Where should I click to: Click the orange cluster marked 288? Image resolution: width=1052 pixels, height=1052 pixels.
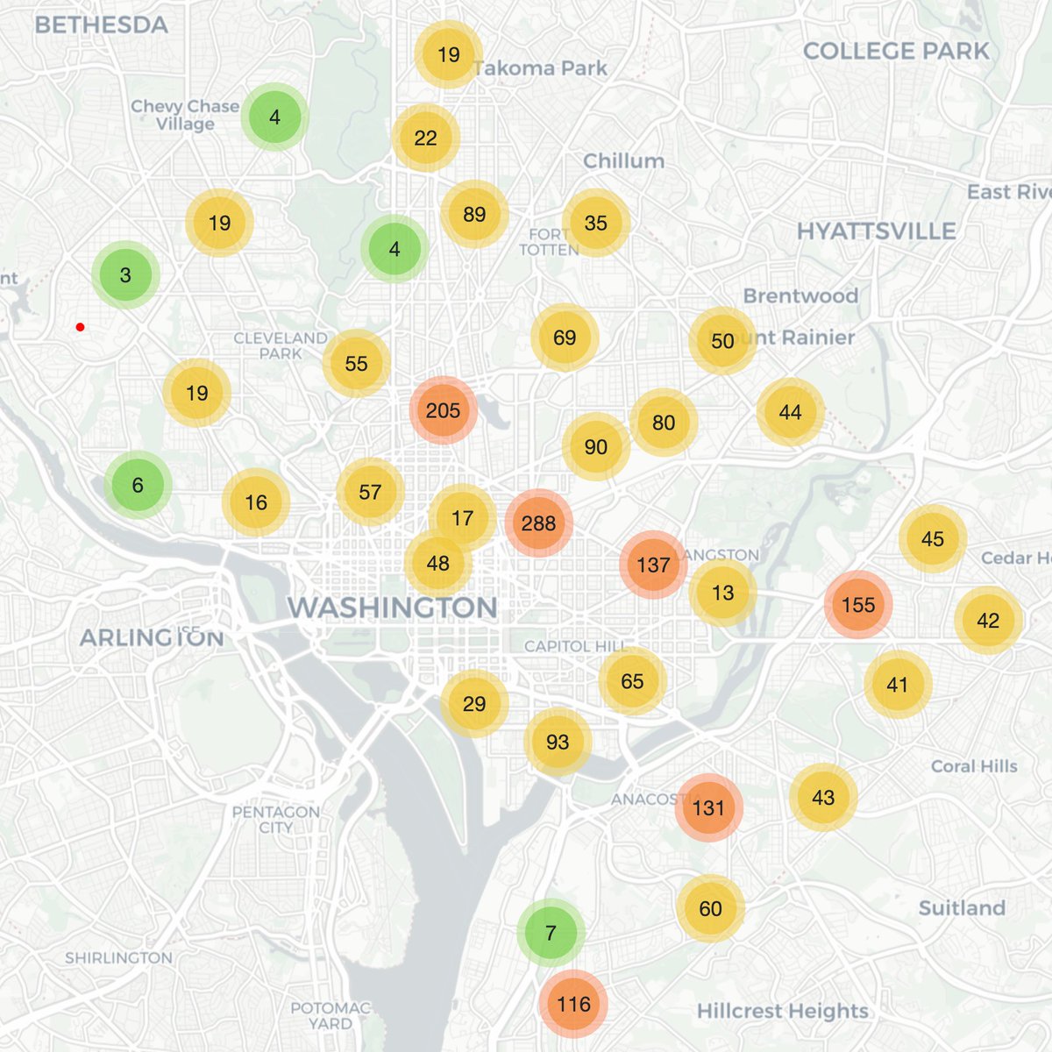click(x=538, y=523)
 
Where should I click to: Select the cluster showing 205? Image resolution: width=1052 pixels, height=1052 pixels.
click(x=443, y=410)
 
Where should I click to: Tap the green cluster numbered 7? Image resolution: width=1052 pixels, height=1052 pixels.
click(x=551, y=933)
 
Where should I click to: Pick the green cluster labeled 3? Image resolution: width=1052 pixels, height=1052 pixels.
click(x=125, y=275)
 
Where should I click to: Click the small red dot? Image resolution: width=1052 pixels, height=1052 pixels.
click(x=80, y=327)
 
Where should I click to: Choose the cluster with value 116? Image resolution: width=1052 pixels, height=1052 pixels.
click(x=573, y=1004)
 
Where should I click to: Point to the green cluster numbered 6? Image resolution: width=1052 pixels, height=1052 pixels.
click(x=138, y=485)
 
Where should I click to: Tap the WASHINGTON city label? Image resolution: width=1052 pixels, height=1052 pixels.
click(x=392, y=607)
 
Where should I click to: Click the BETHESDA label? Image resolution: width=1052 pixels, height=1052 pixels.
click(x=101, y=25)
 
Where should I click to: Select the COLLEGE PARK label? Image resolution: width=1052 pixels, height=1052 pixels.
click(x=896, y=51)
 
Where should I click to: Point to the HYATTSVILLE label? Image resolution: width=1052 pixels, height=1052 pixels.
click(x=876, y=231)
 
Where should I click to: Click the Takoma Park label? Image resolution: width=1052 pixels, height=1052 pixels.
click(x=540, y=68)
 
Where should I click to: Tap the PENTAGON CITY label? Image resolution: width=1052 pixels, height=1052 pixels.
click(x=275, y=819)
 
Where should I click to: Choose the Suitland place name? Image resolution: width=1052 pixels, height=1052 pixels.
click(x=962, y=908)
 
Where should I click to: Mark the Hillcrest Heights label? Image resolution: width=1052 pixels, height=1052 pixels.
click(x=782, y=1011)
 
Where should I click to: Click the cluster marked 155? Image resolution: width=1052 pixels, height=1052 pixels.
click(x=857, y=605)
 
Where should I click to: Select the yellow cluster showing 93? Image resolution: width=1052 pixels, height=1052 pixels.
click(x=558, y=743)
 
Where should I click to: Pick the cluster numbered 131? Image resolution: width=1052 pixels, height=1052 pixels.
click(x=708, y=807)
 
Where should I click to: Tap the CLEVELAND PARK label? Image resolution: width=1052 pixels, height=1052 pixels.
click(x=281, y=345)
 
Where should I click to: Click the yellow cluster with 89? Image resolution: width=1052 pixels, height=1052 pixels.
click(x=474, y=215)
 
